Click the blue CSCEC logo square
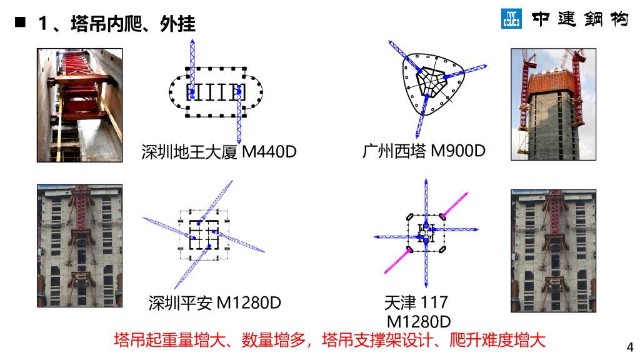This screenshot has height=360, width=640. (x=511, y=19)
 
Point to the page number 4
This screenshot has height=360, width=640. (x=629, y=347)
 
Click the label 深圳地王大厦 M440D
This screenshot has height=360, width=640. (x=219, y=152)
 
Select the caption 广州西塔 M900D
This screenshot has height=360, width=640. (x=424, y=151)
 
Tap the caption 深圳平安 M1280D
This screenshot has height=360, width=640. (x=215, y=303)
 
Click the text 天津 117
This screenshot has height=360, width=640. (x=416, y=303)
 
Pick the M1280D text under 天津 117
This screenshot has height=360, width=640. (x=419, y=322)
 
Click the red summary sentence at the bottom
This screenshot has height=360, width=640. (x=329, y=340)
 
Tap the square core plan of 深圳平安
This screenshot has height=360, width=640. (x=202, y=234)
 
